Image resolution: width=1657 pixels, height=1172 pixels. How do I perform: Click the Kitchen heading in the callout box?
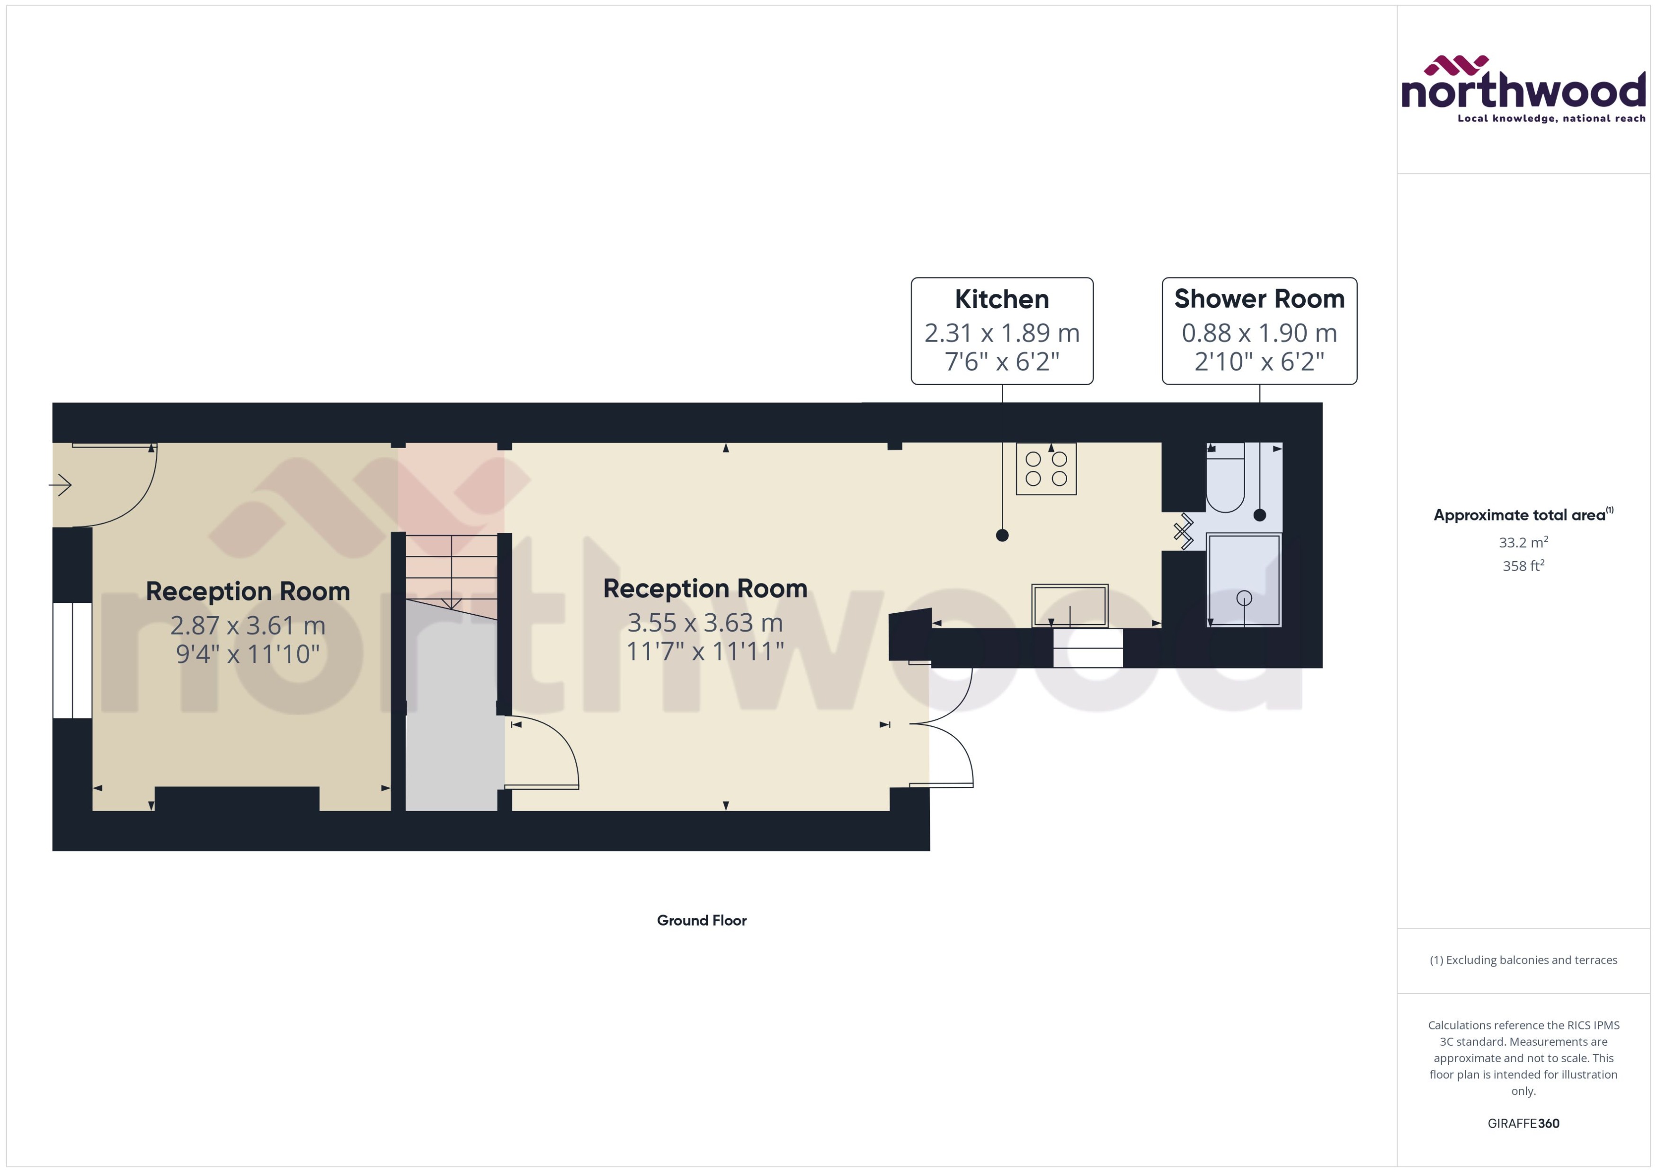(1001, 299)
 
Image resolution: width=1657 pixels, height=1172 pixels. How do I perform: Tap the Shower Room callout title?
(1259, 299)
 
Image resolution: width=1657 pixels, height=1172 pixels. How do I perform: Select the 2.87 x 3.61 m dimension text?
(248, 625)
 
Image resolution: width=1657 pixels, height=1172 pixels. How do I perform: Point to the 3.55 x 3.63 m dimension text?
(704, 622)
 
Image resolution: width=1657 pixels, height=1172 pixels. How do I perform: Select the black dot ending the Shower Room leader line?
(1260, 515)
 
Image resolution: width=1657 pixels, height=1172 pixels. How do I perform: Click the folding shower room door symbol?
(1184, 532)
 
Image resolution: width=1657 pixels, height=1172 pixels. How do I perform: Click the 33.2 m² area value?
(1523, 542)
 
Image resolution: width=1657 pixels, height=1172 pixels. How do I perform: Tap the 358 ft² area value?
(1523, 566)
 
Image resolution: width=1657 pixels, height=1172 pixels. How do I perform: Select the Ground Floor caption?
(701, 920)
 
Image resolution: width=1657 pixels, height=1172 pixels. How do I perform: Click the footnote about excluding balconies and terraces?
(1523, 960)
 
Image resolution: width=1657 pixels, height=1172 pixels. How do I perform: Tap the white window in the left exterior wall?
(72, 661)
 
